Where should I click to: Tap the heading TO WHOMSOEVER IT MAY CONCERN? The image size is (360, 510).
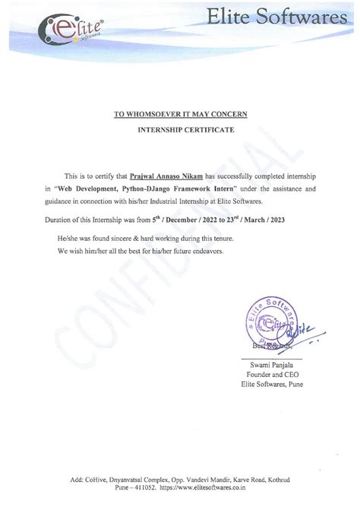coord(180,114)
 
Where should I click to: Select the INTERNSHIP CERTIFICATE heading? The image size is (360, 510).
coord(180,130)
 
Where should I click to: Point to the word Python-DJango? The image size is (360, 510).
coord(174,186)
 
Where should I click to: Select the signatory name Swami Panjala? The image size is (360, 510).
coord(271,366)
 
